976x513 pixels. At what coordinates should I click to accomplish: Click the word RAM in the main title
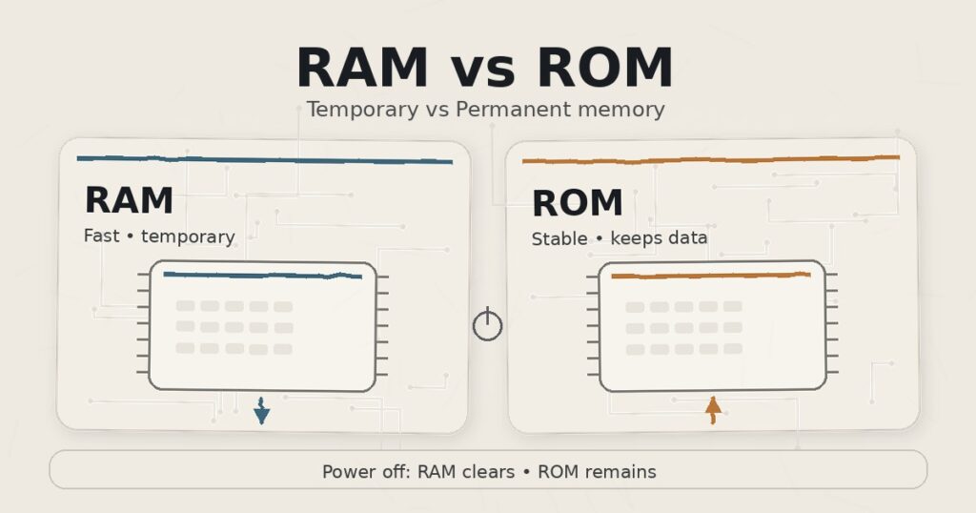363,69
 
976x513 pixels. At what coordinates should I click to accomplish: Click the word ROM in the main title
604,69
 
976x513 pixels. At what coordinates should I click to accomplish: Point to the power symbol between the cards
487,324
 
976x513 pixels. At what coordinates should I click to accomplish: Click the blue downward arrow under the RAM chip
261,411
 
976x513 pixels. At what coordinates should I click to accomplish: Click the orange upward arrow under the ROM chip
712,410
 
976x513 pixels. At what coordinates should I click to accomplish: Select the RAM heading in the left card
129,201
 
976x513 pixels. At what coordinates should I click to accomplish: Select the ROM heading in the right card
577,203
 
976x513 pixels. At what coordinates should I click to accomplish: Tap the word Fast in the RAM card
101,236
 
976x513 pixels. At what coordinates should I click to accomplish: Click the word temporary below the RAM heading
188,236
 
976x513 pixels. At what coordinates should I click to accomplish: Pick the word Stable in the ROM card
559,238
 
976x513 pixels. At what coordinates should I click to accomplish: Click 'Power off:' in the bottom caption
366,472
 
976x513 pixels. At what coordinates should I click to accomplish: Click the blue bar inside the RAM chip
262,276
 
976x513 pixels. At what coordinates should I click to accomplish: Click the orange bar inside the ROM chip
711,276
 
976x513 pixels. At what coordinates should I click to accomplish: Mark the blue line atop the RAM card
264,160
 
